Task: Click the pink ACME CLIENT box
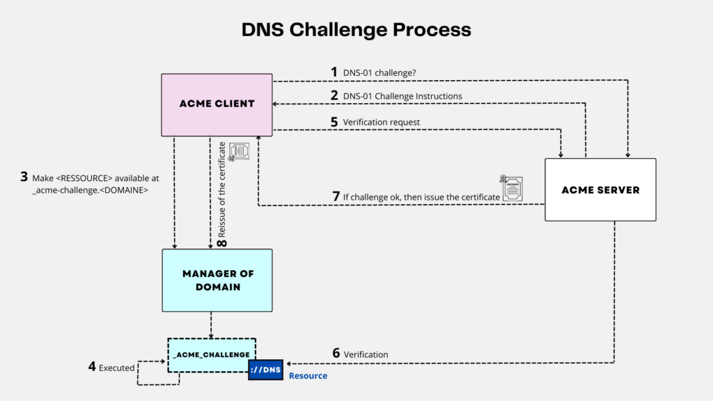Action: point(217,104)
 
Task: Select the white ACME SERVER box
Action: point(600,189)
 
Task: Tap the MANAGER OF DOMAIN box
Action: point(217,280)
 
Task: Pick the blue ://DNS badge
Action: point(267,370)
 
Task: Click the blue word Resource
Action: point(308,376)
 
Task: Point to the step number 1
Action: point(334,72)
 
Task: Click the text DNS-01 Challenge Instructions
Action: point(402,96)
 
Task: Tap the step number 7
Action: point(336,197)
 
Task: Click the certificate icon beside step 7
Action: point(512,188)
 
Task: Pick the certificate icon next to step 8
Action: point(240,152)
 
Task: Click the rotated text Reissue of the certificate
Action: point(223,188)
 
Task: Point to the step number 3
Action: point(25,178)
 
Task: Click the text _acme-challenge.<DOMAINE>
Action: point(90,190)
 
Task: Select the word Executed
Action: point(116,368)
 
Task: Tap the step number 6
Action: point(336,354)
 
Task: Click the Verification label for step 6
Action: point(366,354)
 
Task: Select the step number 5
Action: point(335,122)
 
